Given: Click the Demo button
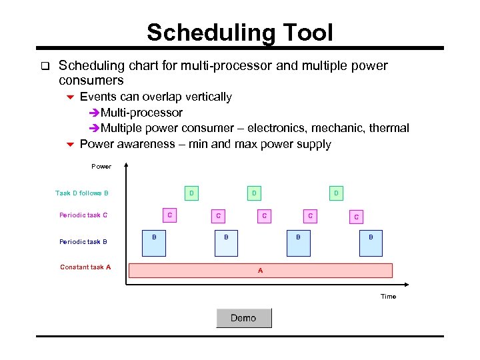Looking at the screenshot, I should (243, 318).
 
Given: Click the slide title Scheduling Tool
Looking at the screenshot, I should (239, 32).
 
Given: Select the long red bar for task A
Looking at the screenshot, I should (260, 270).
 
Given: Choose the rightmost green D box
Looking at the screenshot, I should (336, 193).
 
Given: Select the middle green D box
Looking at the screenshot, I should (253, 193).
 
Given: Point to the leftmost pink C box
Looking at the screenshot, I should (170, 215).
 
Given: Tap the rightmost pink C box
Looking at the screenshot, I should (356, 216).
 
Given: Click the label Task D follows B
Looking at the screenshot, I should (82, 193).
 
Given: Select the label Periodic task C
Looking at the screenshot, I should (83, 215).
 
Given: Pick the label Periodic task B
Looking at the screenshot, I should (83, 242).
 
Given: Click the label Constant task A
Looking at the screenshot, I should (85, 267).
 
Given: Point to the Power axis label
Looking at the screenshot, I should (101, 166).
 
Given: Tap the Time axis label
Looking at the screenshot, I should (388, 296).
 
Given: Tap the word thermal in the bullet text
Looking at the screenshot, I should (389, 128).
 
